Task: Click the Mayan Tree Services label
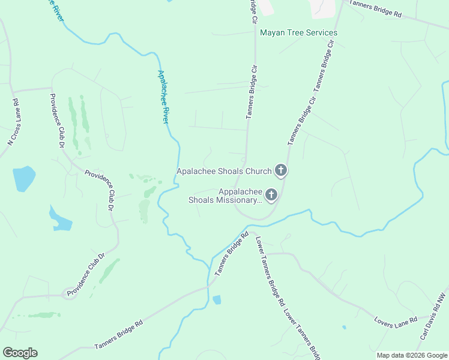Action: [298, 32]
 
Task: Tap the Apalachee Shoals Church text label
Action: [224, 172]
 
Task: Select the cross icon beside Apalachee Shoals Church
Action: [280, 171]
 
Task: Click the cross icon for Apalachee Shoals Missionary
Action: [271, 194]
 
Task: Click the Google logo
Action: [20, 353]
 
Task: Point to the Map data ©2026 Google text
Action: [411, 355]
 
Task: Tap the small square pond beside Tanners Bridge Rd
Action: [217, 299]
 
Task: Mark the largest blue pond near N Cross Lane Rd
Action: [23, 178]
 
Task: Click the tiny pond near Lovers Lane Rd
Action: [344, 327]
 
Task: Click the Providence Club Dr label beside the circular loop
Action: [86, 274]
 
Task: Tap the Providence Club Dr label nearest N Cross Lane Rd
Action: [57, 121]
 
